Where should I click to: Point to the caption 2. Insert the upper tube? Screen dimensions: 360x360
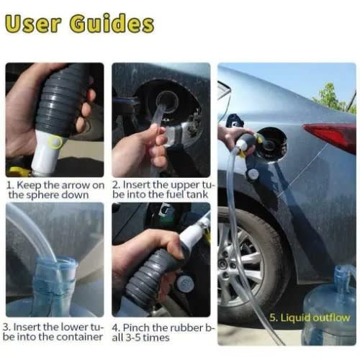161,191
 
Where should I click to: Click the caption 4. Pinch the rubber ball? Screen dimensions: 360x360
161,331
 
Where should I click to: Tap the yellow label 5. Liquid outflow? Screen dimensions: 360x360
310,318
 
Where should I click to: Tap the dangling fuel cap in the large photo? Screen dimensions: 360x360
253,174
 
